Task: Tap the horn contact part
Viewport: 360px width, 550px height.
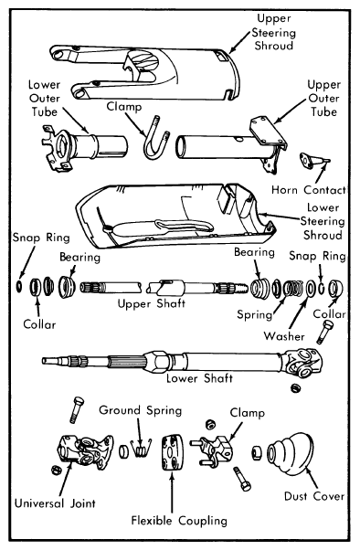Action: click(313, 160)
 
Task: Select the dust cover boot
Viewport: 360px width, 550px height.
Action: click(290, 454)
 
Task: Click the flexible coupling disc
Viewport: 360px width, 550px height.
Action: click(173, 453)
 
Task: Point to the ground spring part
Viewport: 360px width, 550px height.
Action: click(141, 449)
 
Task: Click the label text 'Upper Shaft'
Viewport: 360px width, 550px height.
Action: click(152, 303)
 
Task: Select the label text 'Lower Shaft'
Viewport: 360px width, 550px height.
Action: click(199, 378)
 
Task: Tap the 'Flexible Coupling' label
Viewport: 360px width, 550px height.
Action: click(179, 521)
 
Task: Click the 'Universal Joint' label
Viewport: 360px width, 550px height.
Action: click(55, 503)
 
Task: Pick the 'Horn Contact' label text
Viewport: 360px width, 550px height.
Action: click(309, 190)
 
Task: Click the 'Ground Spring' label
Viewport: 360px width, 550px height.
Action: click(141, 410)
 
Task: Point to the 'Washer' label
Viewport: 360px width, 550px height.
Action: click(284, 336)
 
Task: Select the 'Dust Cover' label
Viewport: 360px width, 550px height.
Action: click(314, 496)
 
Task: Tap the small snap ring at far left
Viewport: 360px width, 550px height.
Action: click(19, 286)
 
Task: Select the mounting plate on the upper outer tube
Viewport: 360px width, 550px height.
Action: click(268, 132)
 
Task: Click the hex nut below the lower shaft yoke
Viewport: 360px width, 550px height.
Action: click(295, 388)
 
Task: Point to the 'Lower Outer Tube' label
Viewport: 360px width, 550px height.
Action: click(44, 99)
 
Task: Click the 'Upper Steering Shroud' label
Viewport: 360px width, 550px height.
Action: click(274, 32)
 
